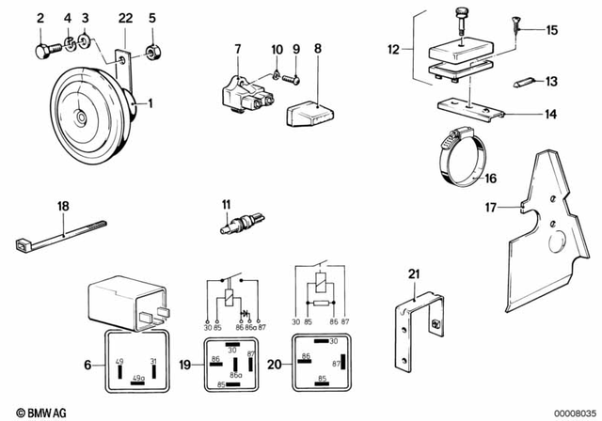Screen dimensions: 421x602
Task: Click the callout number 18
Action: click(63, 205)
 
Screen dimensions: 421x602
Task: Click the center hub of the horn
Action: click(82, 116)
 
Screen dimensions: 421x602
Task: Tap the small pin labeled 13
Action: click(523, 81)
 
